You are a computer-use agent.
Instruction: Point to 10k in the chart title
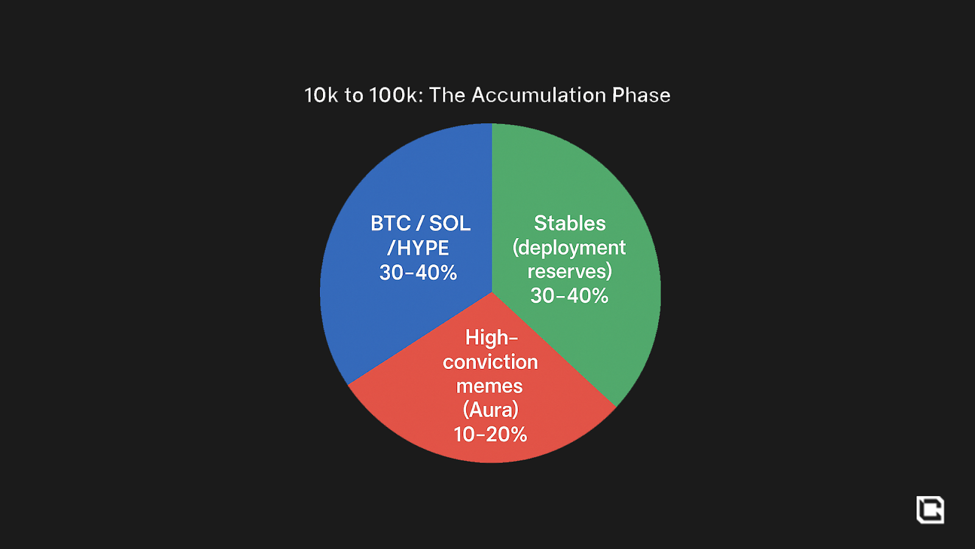[321, 95]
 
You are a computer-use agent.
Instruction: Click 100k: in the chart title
[396, 95]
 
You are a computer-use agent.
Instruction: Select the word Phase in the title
[641, 95]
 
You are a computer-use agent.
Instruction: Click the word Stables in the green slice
[570, 223]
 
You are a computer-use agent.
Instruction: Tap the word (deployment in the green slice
[569, 248]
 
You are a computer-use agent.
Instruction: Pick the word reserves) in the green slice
[570, 271]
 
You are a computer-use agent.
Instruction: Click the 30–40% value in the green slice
[569, 296]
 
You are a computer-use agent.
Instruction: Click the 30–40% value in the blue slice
[418, 273]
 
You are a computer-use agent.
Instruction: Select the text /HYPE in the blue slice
[418, 248]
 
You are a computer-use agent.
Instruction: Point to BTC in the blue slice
[391, 223]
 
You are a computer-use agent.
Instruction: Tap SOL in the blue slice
[450, 223]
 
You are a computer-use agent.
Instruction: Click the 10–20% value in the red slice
[491, 434]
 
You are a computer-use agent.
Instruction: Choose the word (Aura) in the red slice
[491, 410]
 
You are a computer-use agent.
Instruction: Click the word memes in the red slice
[489, 386]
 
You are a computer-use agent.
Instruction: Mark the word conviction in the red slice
[491, 362]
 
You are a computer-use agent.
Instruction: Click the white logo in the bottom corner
[930, 510]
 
